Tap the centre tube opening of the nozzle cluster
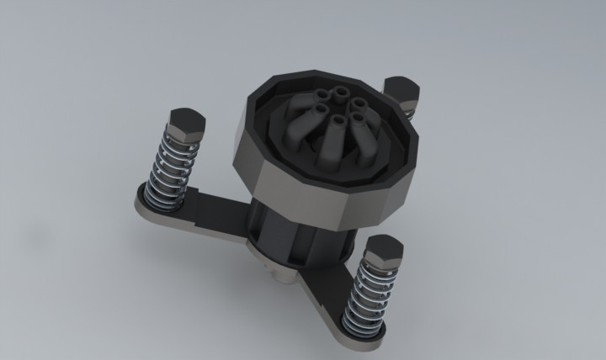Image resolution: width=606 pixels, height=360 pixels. coord(338,122)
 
